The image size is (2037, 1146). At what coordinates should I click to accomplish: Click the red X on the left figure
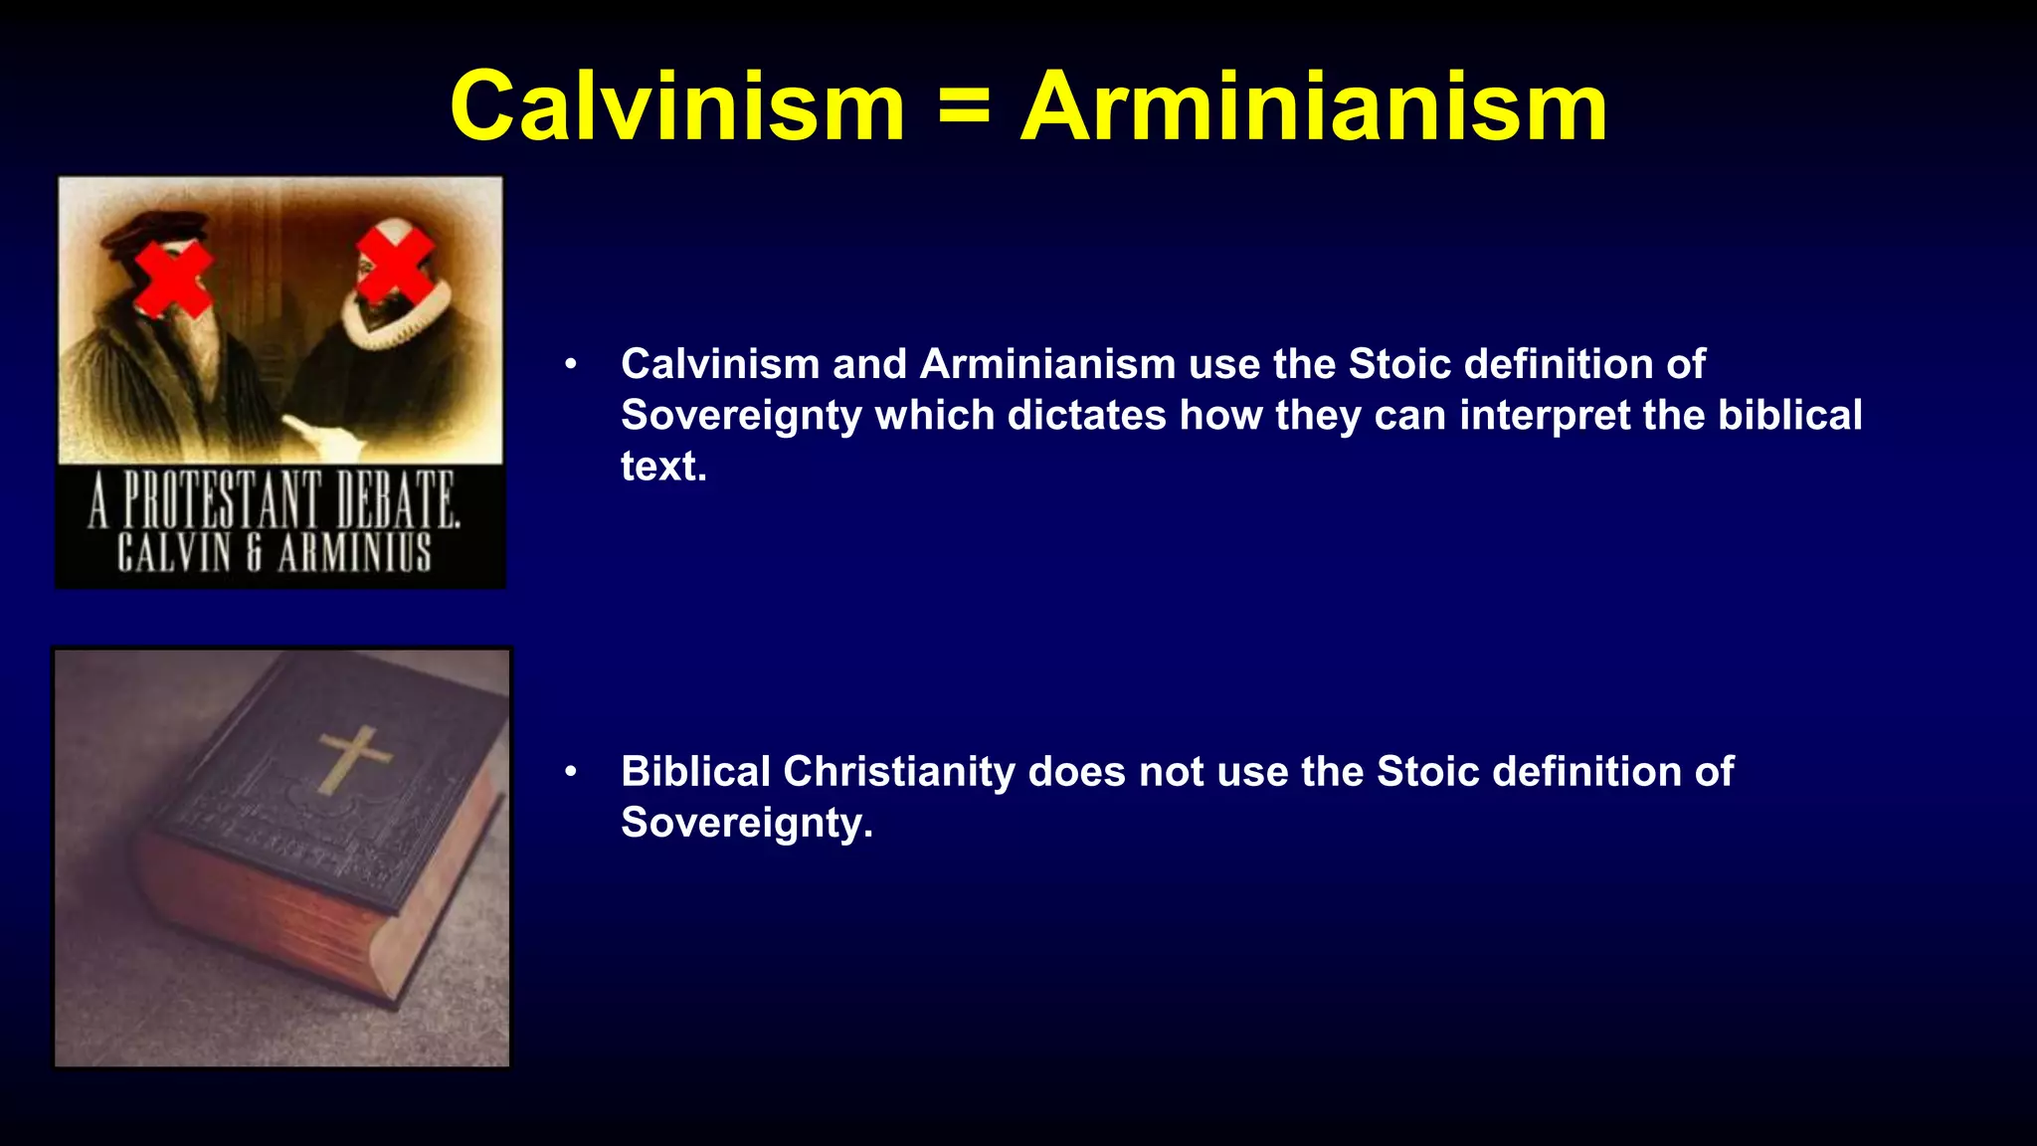(x=173, y=278)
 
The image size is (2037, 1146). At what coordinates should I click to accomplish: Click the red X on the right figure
(x=395, y=263)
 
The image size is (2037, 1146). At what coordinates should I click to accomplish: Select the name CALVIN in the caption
(x=174, y=553)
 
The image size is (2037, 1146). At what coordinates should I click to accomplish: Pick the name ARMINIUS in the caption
(x=355, y=553)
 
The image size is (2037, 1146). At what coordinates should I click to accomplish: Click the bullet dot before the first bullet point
(x=571, y=364)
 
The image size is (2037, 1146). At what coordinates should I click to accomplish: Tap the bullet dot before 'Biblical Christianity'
(x=571, y=772)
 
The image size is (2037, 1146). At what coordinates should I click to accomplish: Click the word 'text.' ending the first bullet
(x=663, y=467)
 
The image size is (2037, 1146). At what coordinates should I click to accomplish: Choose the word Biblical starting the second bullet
(x=695, y=772)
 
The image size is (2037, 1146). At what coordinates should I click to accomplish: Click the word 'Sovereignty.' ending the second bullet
(x=746, y=824)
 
